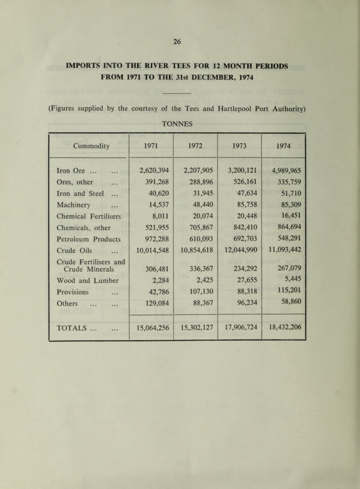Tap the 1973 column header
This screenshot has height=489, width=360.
tap(240, 146)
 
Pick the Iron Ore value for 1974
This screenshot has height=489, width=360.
tap(283, 170)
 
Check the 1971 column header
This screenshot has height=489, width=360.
tap(151, 146)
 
